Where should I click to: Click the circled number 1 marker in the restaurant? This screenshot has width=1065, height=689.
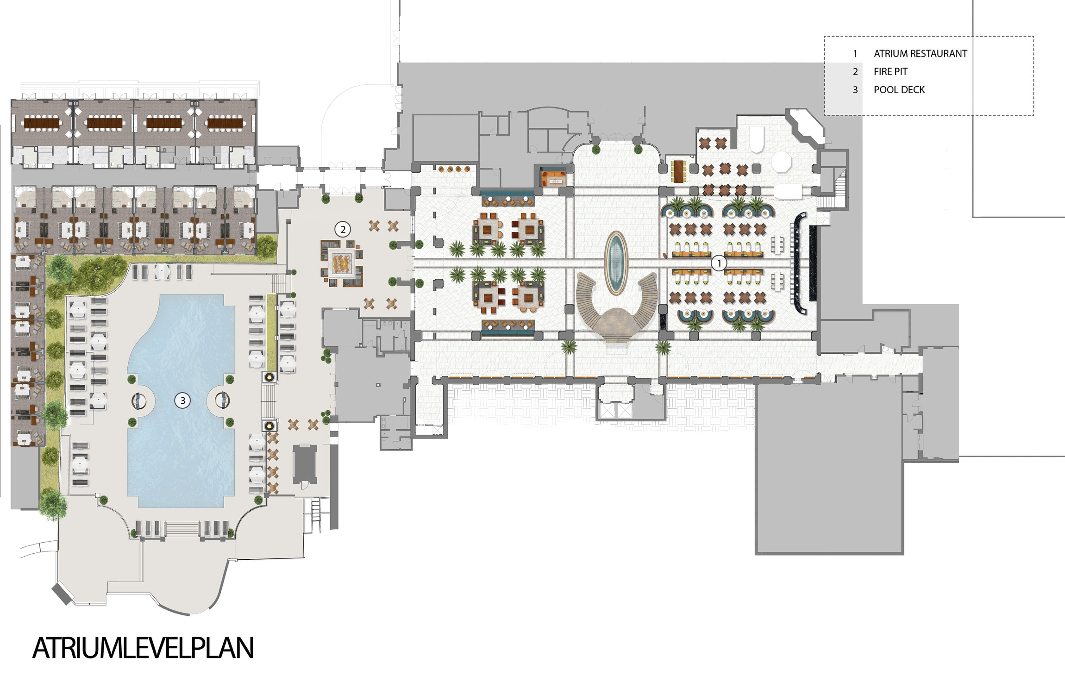(x=719, y=263)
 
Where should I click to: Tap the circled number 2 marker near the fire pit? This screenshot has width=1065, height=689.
(x=343, y=229)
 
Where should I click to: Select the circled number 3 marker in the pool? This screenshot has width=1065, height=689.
(x=183, y=401)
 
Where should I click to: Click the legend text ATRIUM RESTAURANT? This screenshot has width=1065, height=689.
(x=920, y=54)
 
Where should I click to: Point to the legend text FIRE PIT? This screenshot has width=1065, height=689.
(x=890, y=72)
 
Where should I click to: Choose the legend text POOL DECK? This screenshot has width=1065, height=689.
(x=899, y=90)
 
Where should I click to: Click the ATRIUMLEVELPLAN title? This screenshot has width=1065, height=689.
(x=143, y=648)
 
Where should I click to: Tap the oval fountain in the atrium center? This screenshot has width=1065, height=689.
(x=616, y=263)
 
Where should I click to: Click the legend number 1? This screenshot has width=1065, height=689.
(x=855, y=54)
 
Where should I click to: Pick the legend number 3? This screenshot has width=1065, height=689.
(x=855, y=90)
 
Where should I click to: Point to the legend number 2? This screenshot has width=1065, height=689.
(x=855, y=72)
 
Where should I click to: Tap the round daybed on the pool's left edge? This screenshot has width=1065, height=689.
(x=138, y=401)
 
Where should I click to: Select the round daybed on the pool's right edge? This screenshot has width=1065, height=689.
(x=223, y=401)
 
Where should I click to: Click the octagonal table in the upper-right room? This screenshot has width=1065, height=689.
(x=781, y=161)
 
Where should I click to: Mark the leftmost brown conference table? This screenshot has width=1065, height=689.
(x=42, y=123)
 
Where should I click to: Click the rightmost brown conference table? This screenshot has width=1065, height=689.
(x=225, y=123)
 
